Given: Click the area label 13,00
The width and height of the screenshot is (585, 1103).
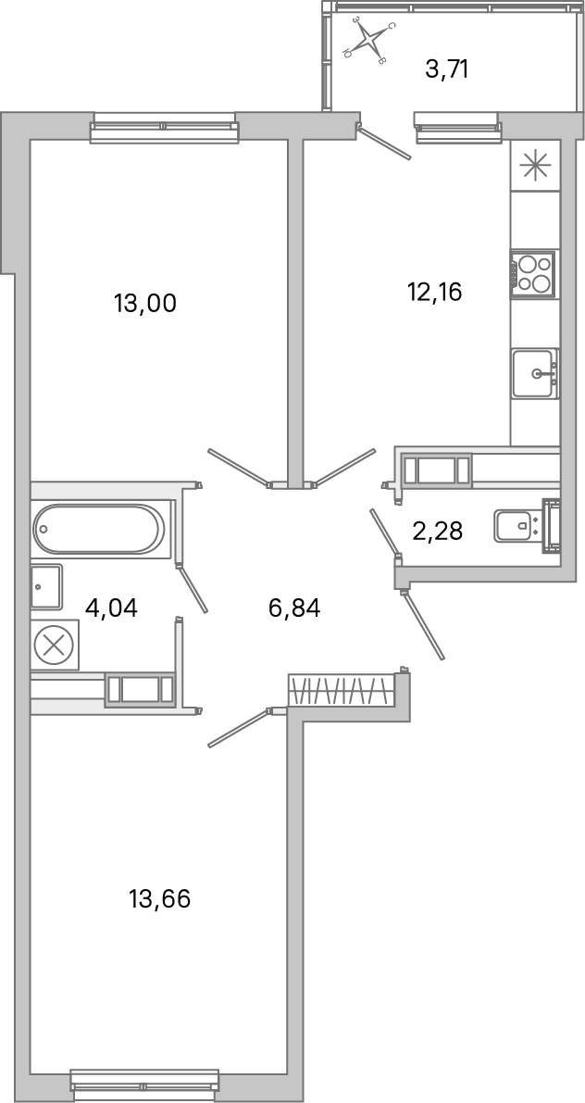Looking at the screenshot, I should (x=144, y=303).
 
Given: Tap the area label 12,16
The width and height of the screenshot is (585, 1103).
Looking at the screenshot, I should (x=434, y=293).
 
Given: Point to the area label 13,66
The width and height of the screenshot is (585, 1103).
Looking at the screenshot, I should (x=160, y=898).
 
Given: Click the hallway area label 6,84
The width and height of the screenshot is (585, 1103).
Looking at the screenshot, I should (x=293, y=608).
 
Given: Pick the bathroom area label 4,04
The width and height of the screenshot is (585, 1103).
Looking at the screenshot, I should (x=111, y=608).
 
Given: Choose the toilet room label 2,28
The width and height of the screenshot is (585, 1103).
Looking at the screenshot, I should (x=437, y=531).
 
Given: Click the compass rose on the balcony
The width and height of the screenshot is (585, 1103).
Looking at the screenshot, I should (x=370, y=40).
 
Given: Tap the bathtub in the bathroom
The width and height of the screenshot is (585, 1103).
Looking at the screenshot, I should (x=99, y=529).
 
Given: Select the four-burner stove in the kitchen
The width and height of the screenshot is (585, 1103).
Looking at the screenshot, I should (x=533, y=274).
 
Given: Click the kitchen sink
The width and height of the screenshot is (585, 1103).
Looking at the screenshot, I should (x=535, y=373).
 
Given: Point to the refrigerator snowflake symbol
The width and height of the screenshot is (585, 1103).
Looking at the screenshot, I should (x=535, y=166).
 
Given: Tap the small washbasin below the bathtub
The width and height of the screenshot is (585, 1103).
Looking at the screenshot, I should (x=45, y=586).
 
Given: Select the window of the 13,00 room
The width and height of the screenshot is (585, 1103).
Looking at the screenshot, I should (x=164, y=127).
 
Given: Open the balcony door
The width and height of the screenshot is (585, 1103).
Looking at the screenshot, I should (x=385, y=143).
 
